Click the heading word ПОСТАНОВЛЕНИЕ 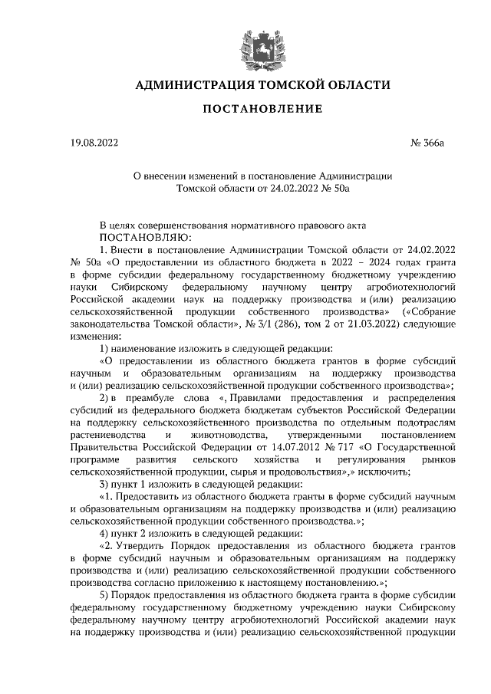pos(262,108)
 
